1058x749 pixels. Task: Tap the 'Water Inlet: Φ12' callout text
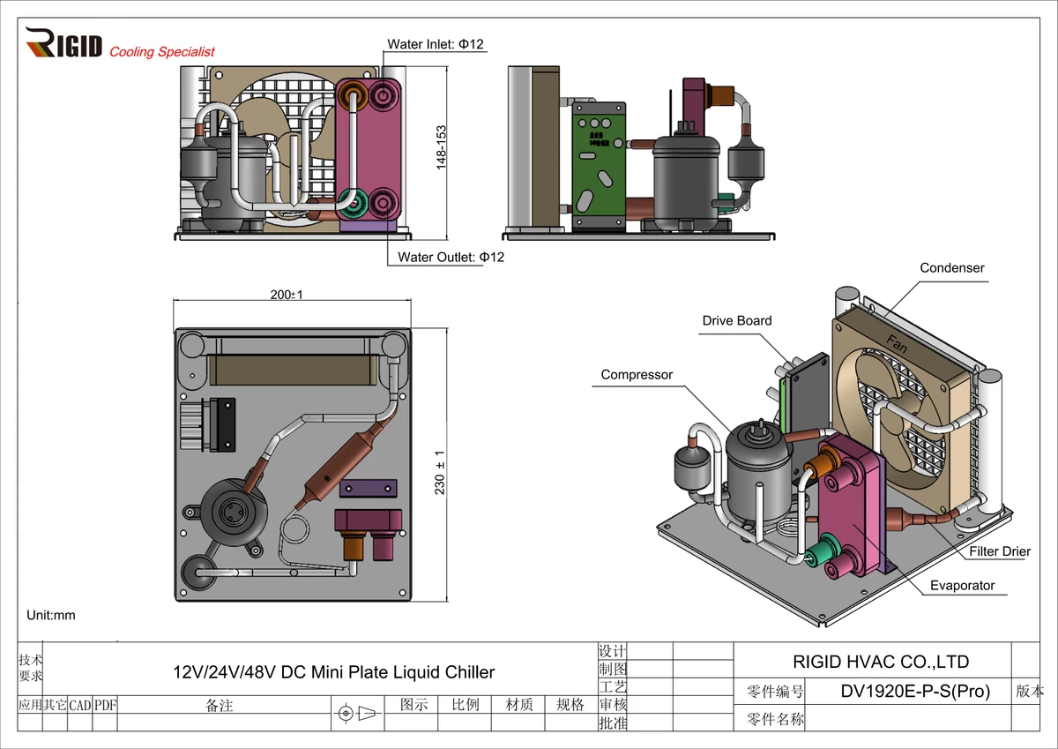pyautogui.click(x=436, y=44)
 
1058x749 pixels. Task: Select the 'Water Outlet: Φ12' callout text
pyautogui.click(x=451, y=258)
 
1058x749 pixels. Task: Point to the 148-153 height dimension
pyautogui.click(x=443, y=146)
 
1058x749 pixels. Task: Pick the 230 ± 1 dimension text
pyautogui.click(x=440, y=472)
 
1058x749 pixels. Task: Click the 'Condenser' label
pyautogui.click(x=951, y=268)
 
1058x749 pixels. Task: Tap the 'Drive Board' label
pyautogui.click(x=736, y=321)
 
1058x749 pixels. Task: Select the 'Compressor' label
pyautogui.click(x=637, y=375)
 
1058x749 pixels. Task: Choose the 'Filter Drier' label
pyautogui.click(x=1000, y=551)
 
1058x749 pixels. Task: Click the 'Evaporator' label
pyautogui.click(x=962, y=586)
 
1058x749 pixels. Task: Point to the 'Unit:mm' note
pyautogui.click(x=51, y=615)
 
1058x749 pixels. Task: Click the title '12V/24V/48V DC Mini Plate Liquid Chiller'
pyautogui.click(x=333, y=672)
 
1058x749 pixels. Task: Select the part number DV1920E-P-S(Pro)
pyautogui.click(x=916, y=692)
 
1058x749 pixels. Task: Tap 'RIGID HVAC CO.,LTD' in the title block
pyautogui.click(x=881, y=662)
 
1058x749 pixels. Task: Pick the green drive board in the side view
pyautogui.click(x=599, y=164)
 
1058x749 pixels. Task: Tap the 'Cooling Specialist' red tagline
pyautogui.click(x=162, y=52)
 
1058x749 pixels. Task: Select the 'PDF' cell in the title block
pyautogui.click(x=105, y=705)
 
